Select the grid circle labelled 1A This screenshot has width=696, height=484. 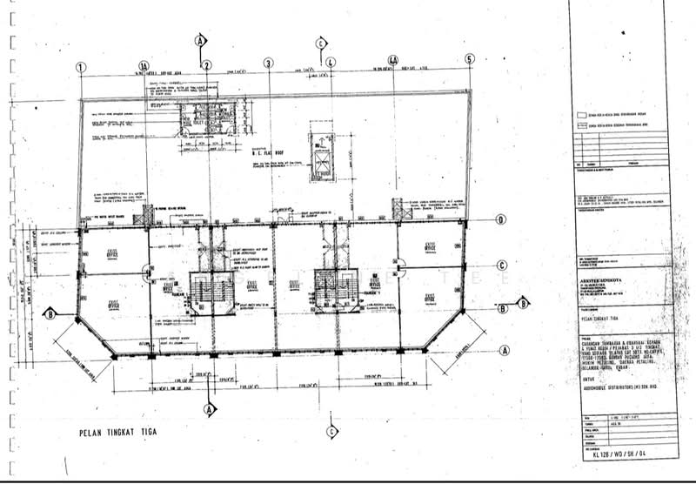[144, 65]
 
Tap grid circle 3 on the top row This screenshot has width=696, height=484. [269, 63]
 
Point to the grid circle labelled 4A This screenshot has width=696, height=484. [393, 61]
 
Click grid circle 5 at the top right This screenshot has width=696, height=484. [470, 58]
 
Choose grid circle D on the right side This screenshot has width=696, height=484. [501, 219]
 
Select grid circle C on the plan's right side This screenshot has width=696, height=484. [502, 265]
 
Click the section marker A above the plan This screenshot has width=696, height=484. [201, 40]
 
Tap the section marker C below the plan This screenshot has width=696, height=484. [332, 430]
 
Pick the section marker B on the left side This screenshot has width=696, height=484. [50, 313]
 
